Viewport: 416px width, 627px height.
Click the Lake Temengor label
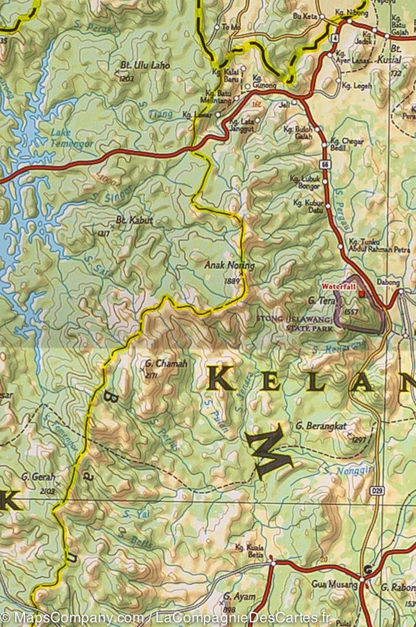pos(72,137)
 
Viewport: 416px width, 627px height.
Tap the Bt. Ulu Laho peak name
pos(138,65)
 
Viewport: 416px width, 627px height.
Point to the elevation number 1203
pos(127,78)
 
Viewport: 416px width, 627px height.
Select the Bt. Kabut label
pos(134,220)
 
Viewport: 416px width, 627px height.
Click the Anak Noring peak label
pos(229,265)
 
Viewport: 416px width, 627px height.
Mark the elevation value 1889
pos(231,281)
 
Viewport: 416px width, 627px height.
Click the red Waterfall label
pos(338,286)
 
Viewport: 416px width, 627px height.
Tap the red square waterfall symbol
pos(361,294)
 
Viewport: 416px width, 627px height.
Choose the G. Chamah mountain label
pos(166,363)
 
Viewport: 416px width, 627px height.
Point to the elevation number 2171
pos(151,375)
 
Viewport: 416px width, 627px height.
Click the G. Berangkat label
pos(321,426)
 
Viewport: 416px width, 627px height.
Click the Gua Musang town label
pos(335,584)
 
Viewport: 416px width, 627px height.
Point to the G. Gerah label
pos(38,477)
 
